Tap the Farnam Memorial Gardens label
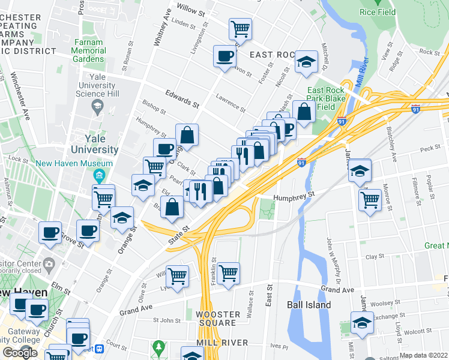[x=89, y=51]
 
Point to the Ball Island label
[x=309, y=305]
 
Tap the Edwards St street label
[x=182, y=100]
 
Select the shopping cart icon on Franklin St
[x=229, y=273]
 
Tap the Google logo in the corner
[x=20, y=352]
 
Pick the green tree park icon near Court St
[x=158, y=347]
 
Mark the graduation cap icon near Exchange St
[x=362, y=322]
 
